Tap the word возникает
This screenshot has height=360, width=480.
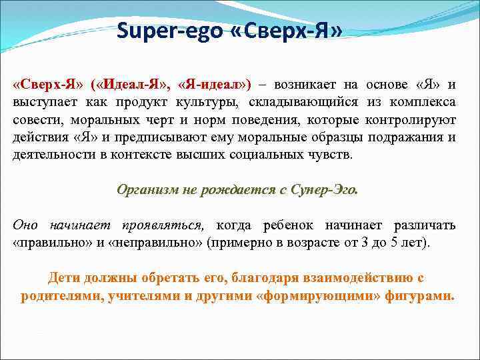[x=303, y=85]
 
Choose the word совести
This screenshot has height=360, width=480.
[x=35, y=120]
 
